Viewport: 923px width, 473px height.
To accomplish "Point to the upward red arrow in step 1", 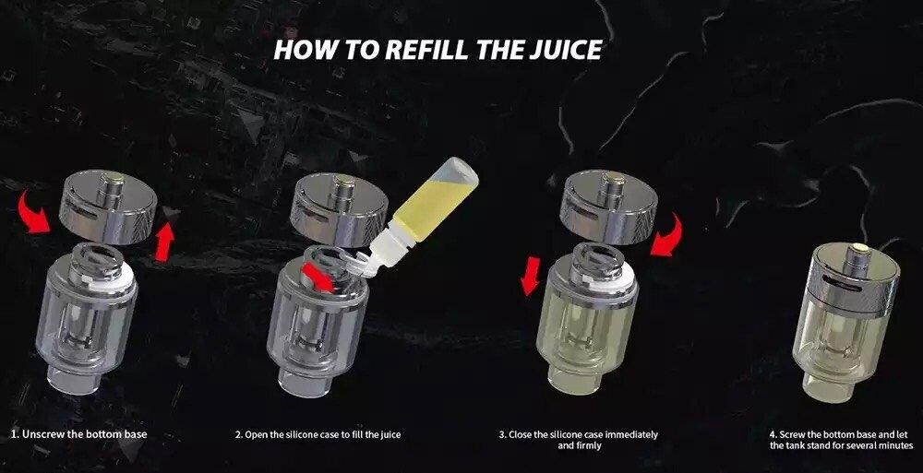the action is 165,242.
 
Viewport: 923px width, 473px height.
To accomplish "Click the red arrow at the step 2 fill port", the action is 318,278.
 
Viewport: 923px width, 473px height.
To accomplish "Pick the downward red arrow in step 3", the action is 531,276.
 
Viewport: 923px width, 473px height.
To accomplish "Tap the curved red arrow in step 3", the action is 667,235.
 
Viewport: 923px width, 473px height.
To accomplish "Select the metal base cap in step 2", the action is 339,210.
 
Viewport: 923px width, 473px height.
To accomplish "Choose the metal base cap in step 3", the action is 608,207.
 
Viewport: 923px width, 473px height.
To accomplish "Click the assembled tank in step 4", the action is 846,323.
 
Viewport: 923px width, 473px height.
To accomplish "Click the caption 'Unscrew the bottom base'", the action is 78,435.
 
